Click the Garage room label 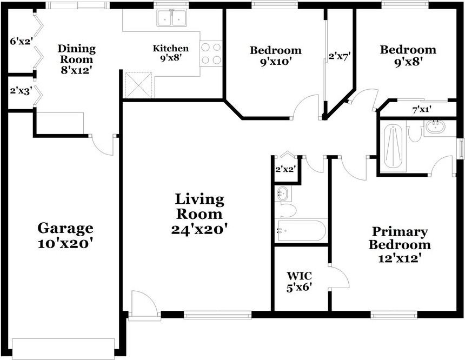[65, 228]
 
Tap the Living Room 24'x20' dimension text [199, 229]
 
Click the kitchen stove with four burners [211, 54]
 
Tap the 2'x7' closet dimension [340, 55]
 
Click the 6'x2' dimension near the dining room [21, 41]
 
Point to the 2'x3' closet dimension [20, 91]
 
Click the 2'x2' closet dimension [285, 169]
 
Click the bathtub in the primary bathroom [393, 146]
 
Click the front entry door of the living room [144, 305]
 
